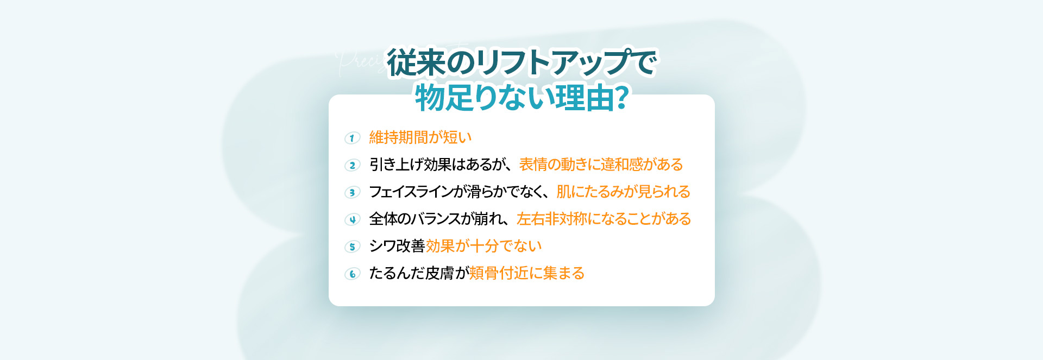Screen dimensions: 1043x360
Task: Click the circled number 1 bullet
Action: (353, 138)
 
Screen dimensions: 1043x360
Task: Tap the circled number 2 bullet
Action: (353, 165)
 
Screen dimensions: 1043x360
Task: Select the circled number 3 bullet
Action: (353, 192)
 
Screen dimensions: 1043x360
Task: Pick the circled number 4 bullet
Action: (353, 219)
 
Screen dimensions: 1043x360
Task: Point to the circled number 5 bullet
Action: (353, 247)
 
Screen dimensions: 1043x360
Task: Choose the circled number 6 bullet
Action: (353, 274)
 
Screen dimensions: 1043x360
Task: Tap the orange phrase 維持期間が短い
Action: (420, 137)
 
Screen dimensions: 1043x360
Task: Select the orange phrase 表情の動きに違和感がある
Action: (601, 165)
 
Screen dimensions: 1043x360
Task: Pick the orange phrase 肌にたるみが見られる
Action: (623, 192)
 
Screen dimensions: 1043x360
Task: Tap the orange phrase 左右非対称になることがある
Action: (604, 219)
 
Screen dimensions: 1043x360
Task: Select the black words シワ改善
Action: (397, 246)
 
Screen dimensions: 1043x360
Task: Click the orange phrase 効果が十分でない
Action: (483, 246)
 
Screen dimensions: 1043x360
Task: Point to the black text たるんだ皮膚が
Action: (419, 273)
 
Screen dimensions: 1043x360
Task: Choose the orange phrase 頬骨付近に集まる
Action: (526, 273)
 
